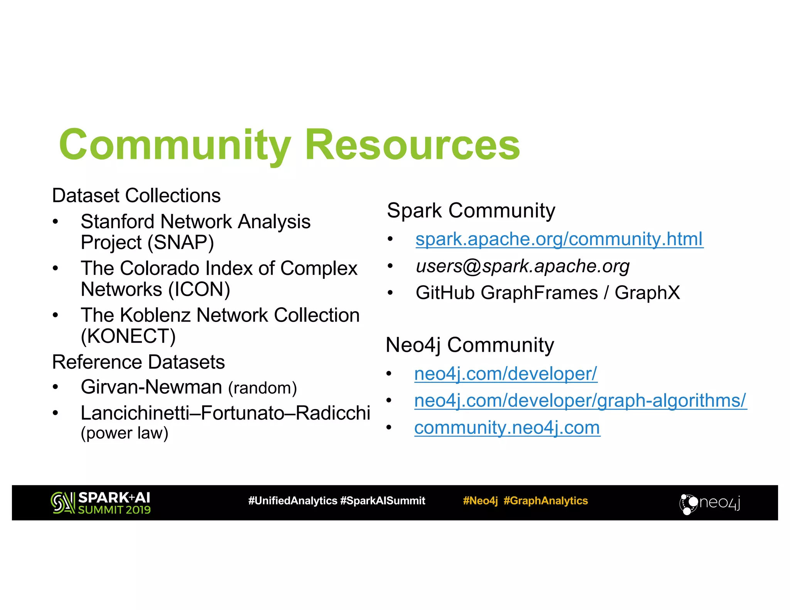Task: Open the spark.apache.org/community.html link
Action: (559, 239)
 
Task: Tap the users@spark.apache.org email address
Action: (522, 266)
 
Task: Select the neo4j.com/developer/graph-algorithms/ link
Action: (580, 401)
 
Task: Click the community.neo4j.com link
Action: (507, 428)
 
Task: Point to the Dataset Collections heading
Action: (136, 195)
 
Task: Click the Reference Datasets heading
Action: (138, 362)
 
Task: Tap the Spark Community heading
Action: (471, 211)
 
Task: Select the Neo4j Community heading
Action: (469, 345)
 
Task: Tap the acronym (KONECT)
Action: (128, 336)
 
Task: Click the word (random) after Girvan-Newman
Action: (262, 388)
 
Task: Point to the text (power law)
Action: (124, 433)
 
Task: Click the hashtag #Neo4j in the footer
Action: (480, 501)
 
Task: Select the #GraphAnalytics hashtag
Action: (545, 501)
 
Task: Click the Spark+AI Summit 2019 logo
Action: (100, 503)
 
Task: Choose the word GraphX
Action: (647, 293)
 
